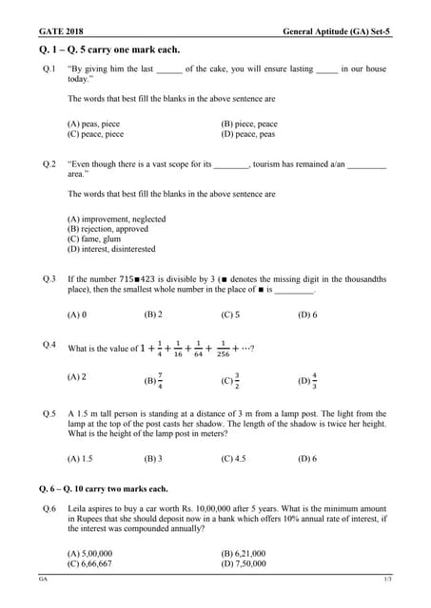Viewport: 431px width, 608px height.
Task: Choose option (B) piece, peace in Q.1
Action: (249, 123)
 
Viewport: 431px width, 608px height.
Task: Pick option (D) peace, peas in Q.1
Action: (248, 134)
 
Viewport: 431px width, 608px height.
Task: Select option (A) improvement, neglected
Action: (116, 218)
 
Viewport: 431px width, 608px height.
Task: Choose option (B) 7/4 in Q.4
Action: (153, 380)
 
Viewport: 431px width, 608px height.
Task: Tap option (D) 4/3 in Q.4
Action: (308, 380)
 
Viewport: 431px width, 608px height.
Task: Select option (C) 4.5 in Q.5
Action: (233, 458)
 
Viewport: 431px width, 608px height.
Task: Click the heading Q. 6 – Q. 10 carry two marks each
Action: (104, 488)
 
